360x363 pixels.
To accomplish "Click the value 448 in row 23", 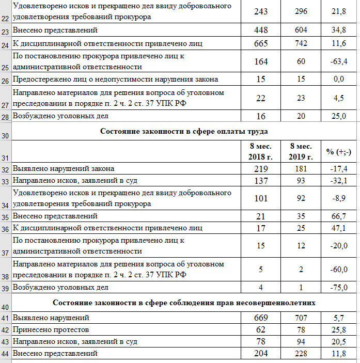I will pos(261,30).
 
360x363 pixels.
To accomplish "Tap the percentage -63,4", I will pos(339,62).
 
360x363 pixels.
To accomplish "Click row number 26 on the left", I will pos(6,80).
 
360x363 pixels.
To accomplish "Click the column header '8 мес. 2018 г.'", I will pos(261,152).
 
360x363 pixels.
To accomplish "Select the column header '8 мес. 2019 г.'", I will pos(301,152).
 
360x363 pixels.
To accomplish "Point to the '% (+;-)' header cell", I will pos(339,152).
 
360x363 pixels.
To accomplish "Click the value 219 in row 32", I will pos(261,169).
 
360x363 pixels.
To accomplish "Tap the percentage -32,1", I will pos(339,180).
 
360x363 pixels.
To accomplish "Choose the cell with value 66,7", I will pos(339,216).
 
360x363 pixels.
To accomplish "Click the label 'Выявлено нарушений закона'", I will pos(64,169).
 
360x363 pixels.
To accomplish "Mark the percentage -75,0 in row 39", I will pos(339,287).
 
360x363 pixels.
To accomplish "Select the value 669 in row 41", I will pos(261,318).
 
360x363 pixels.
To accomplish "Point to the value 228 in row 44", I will pos(301,354).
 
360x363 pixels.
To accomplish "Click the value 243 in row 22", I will pos(261,11).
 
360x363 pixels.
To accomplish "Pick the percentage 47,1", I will pos(339,228).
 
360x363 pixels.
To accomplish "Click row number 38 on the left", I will pos(6,276).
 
